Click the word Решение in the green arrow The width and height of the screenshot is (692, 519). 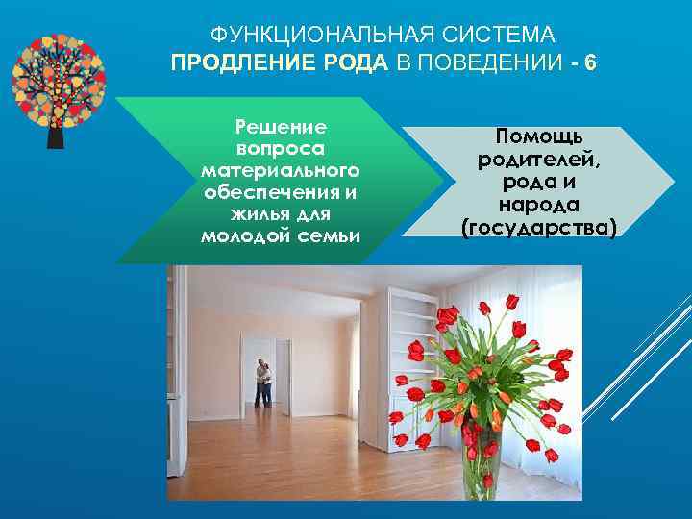click(282, 128)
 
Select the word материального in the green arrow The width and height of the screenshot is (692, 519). click(281, 170)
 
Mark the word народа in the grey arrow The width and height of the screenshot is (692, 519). click(539, 205)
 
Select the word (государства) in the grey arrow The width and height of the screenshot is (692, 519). click(539, 227)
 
